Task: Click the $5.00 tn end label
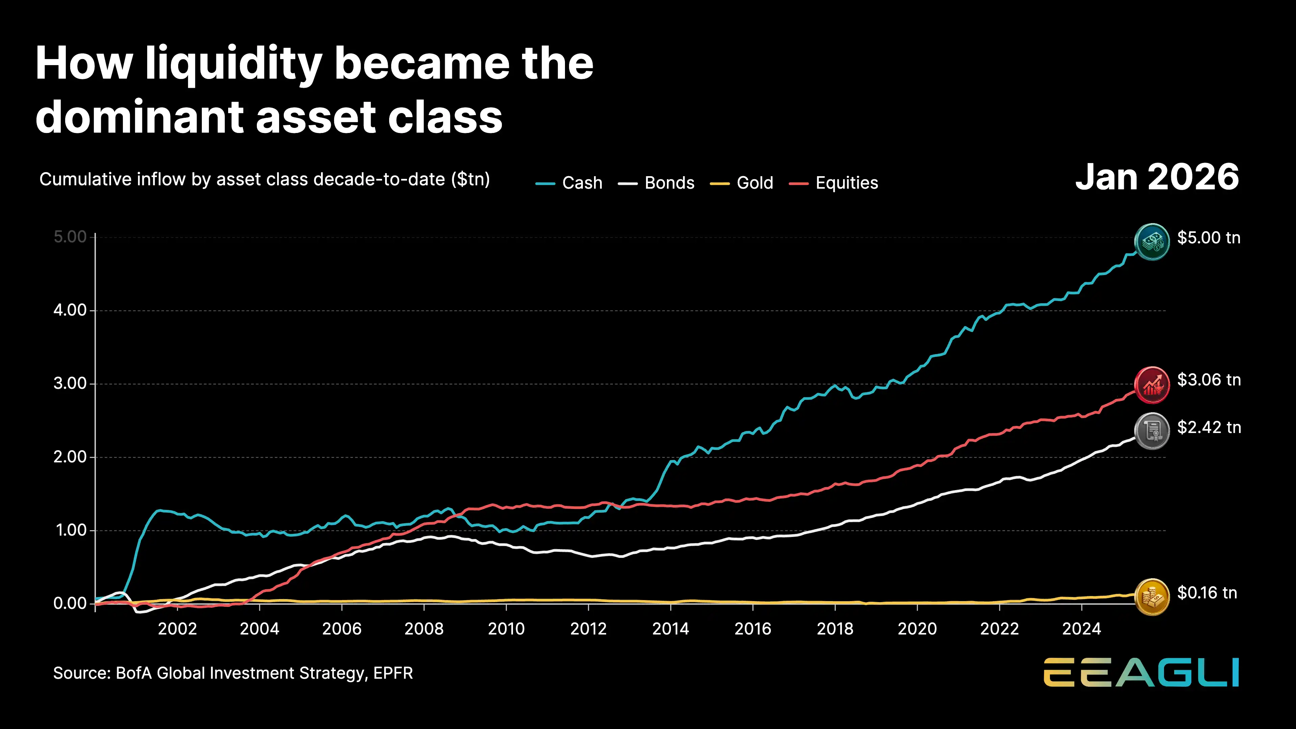coord(1209,238)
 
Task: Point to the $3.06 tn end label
coord(1209,380)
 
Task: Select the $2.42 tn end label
coord(1209,428)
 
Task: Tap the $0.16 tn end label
coord(1207,593)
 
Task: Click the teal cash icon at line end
coord(1152,242)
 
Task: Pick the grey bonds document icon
coord(1152,431)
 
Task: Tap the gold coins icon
coord(1152,597)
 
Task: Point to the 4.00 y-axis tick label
coord(70,310)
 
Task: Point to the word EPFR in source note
coord(393,673)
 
